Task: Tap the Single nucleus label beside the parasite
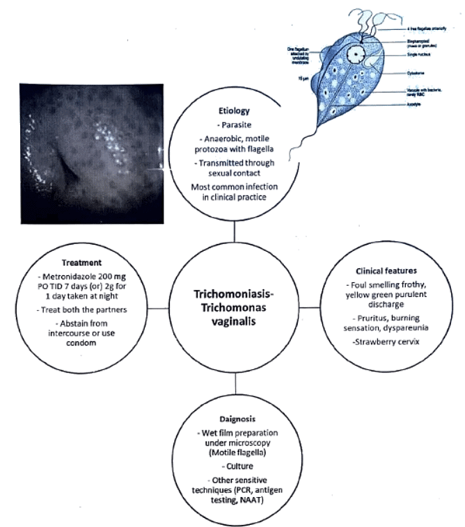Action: pyautogui.click(x=422, y=59)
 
